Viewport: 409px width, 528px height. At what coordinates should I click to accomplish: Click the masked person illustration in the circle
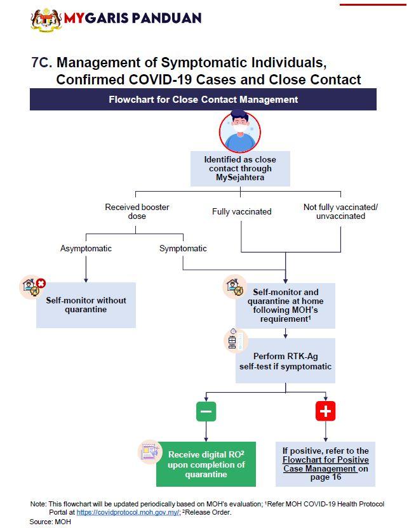(239, 132)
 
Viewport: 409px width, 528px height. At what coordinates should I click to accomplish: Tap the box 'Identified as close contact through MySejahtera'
(240, 169)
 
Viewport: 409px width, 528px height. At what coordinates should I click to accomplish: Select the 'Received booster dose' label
(137, 211)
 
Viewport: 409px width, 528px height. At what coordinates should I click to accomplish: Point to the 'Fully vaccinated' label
(241, 211)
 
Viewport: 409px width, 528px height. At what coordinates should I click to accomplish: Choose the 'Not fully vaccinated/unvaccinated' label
(340, 211)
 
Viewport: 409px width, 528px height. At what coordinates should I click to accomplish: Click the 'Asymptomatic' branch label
(86, 248)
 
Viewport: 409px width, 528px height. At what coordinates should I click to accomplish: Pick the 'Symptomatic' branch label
(183, 248)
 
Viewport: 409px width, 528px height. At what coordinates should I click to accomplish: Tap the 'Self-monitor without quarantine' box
(86, 305)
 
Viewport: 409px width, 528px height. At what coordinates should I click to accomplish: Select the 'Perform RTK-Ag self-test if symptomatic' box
(285, 361)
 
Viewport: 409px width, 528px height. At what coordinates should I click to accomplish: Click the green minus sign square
(206, 411)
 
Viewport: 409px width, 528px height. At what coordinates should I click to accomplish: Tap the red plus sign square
(325, 411)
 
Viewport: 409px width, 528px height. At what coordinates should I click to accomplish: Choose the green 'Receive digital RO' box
(206, 465)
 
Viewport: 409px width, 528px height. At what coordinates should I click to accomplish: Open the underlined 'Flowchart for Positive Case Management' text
(326, 464)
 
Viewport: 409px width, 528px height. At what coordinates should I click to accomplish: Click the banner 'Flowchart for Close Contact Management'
(203, 100)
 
